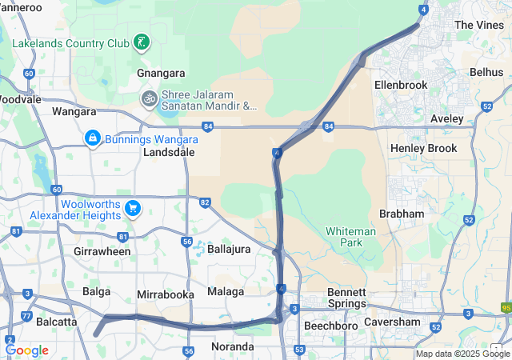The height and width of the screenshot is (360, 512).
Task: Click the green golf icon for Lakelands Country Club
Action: tap(142, 41)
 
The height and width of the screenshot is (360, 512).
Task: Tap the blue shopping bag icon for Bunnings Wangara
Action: tap(93, 138)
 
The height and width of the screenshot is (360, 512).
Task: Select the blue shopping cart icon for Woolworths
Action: tap(133, 209)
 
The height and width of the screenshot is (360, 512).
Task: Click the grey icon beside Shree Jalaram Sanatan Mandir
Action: tap(148, 98)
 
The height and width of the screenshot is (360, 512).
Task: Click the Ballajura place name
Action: tap(229, 249)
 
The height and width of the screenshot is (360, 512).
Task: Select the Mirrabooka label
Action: tap(166, 294)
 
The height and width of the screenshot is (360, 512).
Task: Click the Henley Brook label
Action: tap(423, 148)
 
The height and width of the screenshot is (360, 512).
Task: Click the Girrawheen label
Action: tap(102, 251)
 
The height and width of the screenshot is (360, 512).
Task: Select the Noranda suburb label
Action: tap(231, 346)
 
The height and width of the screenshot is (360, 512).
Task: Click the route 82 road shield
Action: tap(205, 202)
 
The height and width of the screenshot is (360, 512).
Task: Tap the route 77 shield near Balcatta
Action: tap(26, 317)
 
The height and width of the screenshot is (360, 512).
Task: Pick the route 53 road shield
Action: tap(298, 350)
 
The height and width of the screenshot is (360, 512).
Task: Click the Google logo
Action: tap(26, 350)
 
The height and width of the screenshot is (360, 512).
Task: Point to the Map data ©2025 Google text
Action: tap(462, 354)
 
